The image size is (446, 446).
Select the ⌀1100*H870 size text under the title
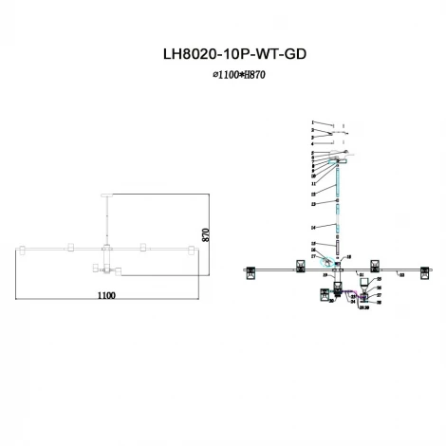click(224, 75)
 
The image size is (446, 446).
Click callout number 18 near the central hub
click(349, 257)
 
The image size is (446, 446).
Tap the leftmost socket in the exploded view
click(251, 269)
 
